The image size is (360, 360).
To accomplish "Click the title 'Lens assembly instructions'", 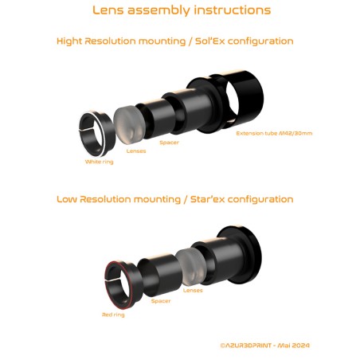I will coord(181,10).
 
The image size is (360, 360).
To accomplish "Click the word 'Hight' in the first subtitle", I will coord(71,41).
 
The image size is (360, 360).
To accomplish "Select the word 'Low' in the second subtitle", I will coord(67,199).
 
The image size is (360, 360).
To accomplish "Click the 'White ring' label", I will coord(100,162).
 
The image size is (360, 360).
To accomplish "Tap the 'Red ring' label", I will coord(113,315).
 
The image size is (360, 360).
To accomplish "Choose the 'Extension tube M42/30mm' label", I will coord(274,133).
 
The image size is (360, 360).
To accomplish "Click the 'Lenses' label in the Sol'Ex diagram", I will coord(136,150).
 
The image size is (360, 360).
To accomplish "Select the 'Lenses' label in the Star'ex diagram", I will coord(193,290).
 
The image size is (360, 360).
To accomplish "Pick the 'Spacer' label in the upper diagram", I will coord(169,142).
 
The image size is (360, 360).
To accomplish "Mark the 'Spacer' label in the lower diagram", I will coord(161,301).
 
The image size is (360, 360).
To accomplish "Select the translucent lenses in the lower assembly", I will coord(190,266).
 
